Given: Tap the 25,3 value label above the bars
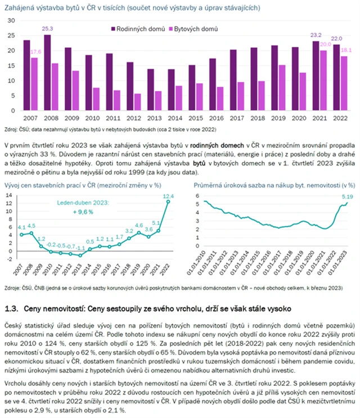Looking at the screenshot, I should (48, 29).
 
